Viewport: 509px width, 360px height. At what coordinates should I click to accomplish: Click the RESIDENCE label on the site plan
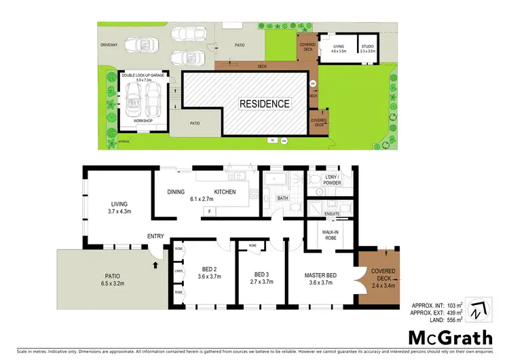tap(264, 104)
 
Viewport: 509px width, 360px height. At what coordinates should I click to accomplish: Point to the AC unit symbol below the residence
tap(271, 140)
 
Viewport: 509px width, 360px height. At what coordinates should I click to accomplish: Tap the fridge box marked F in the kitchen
tap(210, 211)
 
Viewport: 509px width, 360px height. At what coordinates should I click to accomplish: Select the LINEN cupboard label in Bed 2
tap(178, 271)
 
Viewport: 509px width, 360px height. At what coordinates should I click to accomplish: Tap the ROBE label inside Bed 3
tap(252, 245)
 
